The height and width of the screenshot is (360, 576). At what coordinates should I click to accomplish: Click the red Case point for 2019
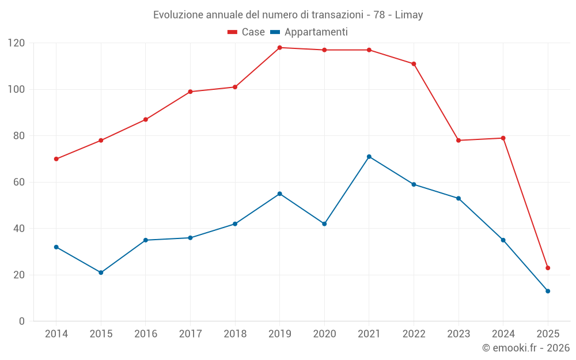[x=280, y=48]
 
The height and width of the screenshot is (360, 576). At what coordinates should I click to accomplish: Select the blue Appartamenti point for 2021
[x=369, y=157]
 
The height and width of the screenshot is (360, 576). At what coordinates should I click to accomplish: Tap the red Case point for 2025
[x=548, y=268]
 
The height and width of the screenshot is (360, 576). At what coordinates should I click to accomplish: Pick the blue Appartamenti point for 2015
[x=101, y=272]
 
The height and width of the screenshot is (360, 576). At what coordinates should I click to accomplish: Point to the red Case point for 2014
[x=56, y=159]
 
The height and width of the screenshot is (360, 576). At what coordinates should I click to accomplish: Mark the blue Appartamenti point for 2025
[x=548, y=291]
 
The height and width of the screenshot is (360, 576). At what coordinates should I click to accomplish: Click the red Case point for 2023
[x=458, y=141]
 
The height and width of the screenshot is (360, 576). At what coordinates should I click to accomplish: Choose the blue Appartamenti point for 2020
[x=324, y=223]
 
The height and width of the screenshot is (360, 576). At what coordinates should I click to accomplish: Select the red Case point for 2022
[x=414, y=64]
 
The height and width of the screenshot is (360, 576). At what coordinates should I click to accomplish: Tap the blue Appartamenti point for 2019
[x=280, y=194]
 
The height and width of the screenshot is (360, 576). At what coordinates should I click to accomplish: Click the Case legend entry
[x=246, y=32]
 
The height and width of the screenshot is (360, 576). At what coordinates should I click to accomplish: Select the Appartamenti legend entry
[x=309, y=32]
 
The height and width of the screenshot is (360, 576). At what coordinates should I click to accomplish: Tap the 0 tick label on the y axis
[x=22, y=321]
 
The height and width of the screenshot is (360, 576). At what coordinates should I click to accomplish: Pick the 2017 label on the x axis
[x=190, y=334]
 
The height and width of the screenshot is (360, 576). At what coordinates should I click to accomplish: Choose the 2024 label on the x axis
[x=503, y=334]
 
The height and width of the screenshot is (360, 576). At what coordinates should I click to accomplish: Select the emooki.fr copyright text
[x=525, y=348]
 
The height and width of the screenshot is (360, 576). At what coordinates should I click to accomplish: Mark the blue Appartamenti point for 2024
[x=503, y=240]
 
